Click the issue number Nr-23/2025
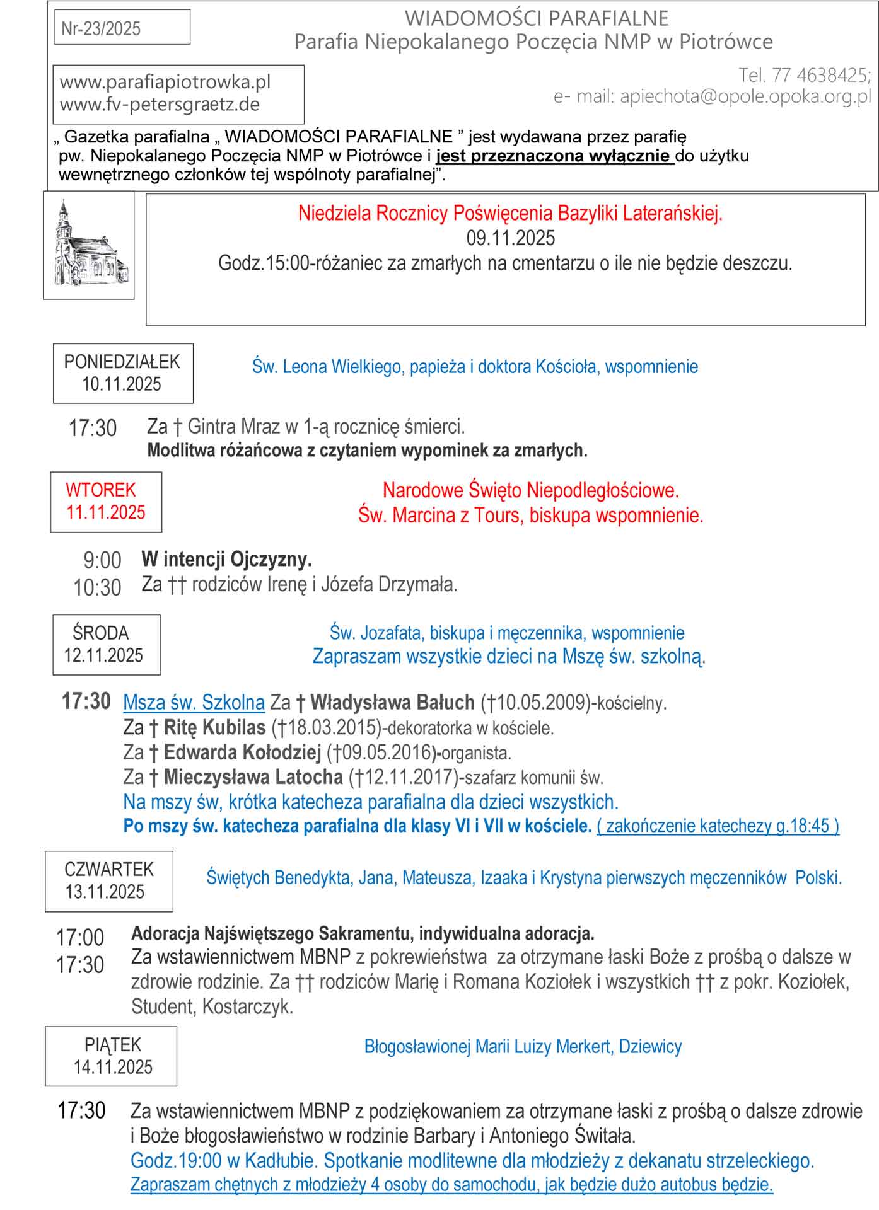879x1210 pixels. coord(101,28)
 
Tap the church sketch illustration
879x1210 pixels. coord(88,245)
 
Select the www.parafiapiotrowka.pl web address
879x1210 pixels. coord(165,82)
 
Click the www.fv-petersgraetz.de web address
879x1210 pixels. coord(160,104)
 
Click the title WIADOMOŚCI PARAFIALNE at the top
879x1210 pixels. coord(536,18)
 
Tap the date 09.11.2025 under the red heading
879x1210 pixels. coord(510,238)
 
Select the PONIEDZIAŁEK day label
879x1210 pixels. coord(122,362)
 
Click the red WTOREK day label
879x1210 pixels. coord(101,490)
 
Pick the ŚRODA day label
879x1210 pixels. coord(100,633)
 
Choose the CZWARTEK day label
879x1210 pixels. coord(108,869)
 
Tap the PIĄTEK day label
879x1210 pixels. coord(112,1044)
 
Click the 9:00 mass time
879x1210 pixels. coord(102,560)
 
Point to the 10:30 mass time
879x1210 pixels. coord(97,587)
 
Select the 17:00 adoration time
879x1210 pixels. coord(80,938)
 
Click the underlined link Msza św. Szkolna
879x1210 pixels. coord(194,702)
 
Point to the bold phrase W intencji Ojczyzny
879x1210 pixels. coord(226,559)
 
